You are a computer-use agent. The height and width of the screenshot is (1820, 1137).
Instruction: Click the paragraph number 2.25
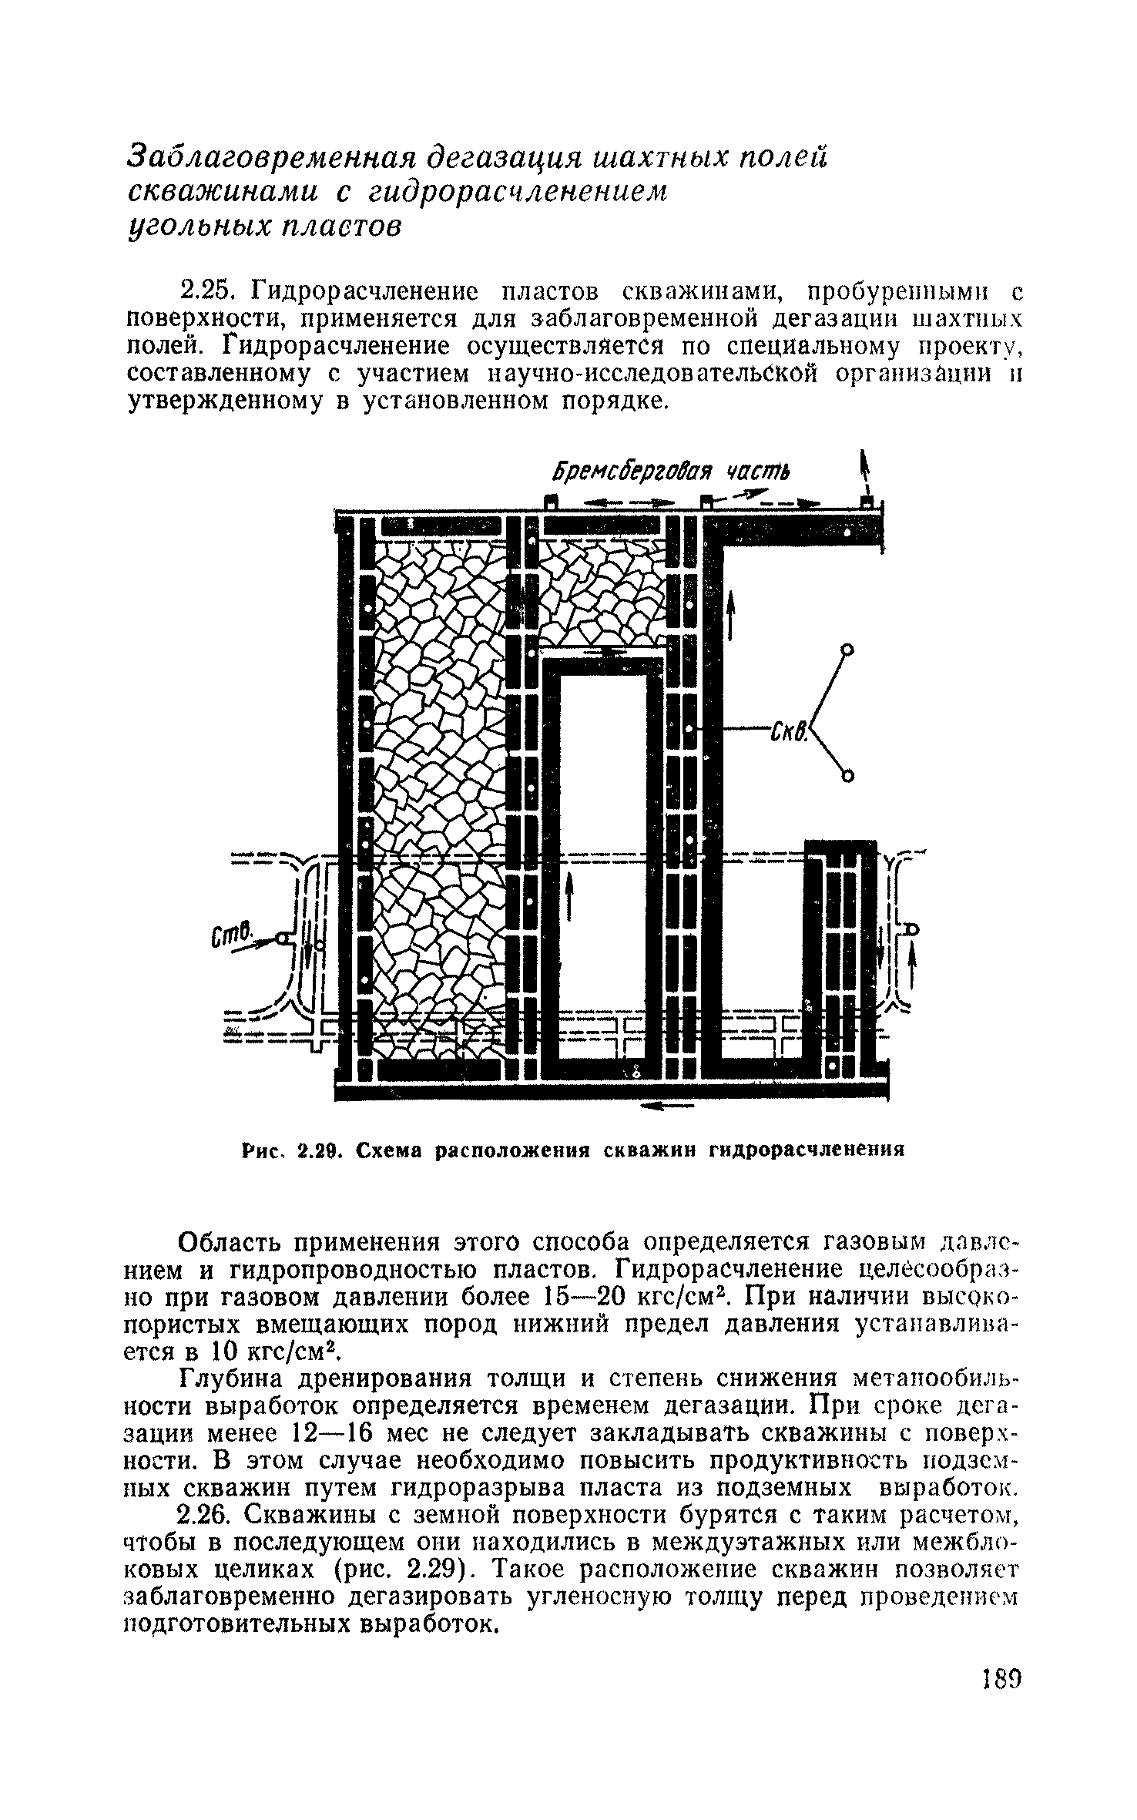coord(205,293)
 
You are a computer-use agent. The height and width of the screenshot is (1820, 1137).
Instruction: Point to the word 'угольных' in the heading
coord(195,229)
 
